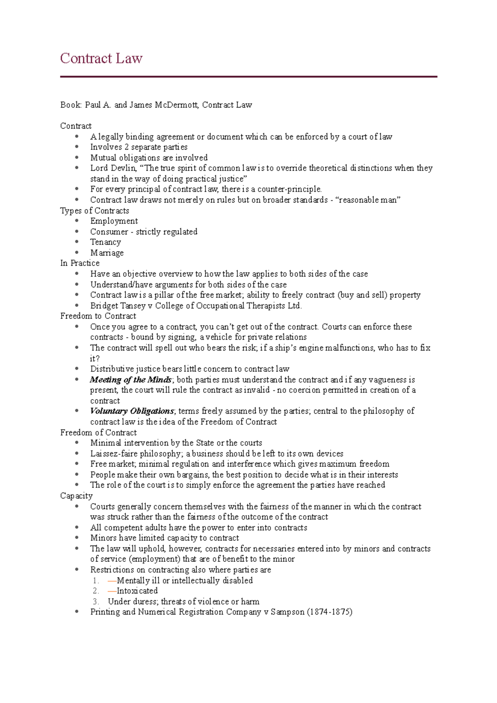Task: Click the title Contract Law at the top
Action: coord(101,58)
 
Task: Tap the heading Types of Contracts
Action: coord(94,211)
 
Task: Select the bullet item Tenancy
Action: coord(106,242)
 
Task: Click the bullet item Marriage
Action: coord(107,253)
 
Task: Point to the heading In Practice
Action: coord(80,263)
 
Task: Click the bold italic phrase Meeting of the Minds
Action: coord(130,380)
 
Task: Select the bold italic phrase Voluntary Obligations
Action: coord(132,411)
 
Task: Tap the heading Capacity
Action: coord(76,496)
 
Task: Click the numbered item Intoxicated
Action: coord(137,591)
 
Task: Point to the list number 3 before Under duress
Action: coord(96,602)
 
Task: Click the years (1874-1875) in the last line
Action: coord(330,612)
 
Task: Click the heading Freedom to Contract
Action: coord(98,316)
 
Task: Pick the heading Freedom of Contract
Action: coord(98,433)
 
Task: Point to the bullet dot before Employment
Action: coord(77,221)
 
